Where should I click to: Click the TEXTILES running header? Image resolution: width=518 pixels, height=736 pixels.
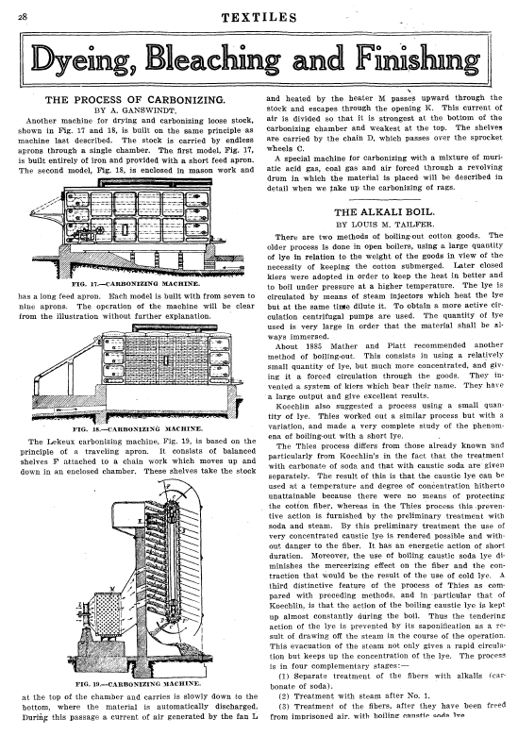259,18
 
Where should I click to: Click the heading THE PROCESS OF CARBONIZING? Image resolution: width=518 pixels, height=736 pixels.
135,100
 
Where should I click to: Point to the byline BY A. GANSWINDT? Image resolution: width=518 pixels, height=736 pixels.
135,110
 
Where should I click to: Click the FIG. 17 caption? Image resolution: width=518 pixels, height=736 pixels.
136,284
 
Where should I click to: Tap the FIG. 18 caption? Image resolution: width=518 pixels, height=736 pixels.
138,428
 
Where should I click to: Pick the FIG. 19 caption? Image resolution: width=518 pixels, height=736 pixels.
139,683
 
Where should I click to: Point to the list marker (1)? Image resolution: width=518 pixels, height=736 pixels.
284,677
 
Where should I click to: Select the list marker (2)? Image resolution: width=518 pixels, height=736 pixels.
284,696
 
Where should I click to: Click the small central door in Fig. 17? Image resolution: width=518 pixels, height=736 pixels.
125,229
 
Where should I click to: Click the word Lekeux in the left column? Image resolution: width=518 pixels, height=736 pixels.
62,442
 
